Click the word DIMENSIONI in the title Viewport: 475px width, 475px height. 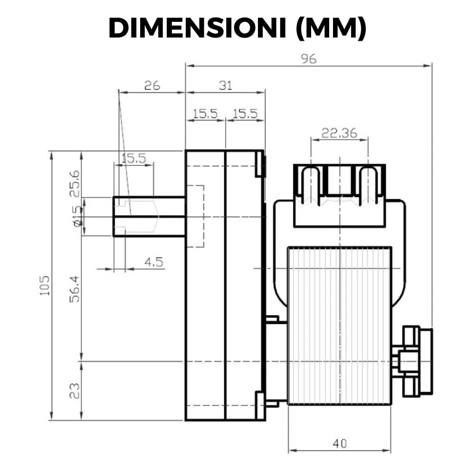pyautogui.click(x=197, y=28)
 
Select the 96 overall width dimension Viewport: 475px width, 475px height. pyautogui.click(x=309, y=58)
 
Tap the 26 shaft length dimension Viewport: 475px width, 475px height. pyautogui.click(x=152, y=85)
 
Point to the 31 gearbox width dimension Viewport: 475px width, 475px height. pyautogui.click(x=225, y=85)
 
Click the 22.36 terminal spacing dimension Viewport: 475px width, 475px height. pyautogui.click(x=339, y=133)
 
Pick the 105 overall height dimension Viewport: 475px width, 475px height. pyautogui.click(x=45, y=285)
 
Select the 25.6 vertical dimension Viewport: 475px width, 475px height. pyautogui.click(x=75, y=183)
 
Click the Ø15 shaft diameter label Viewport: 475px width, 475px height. pyautogui.click(x=77, y=216)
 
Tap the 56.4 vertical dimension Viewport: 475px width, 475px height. pyautogui.click(x=75, y=289)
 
